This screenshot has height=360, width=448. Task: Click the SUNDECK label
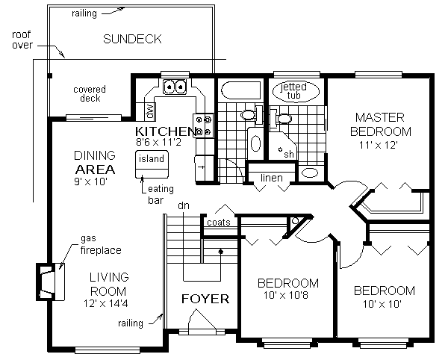click(x=132, y=39)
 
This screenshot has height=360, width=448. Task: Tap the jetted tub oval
click(x=296, y=91)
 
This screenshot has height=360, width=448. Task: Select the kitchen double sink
click(x=175, y=87)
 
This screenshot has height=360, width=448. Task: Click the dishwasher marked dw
click(x=149, y=111)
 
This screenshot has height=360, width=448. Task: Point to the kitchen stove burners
click(x=203, y=125)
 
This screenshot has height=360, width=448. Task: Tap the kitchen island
click(x=152, y=164)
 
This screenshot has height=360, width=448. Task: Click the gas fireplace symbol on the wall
click(x=50, y=282)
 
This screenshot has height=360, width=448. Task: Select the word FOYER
click(x=205, y=299)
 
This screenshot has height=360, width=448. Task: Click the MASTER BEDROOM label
click(x=381, y=125)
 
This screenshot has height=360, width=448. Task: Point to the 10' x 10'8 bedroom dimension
click(x=286, y=295)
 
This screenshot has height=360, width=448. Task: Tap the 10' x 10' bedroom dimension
click(x=382, y=304)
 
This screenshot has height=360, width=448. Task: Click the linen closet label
click(x=272, y=178)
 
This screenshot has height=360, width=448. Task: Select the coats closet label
click(x=219, y=223)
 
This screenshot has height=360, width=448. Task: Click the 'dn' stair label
click(x=184, y=205)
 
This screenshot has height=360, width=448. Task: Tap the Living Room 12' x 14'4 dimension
click(x=106, y=303)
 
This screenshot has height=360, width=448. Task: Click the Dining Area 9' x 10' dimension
click(x=90, y=181)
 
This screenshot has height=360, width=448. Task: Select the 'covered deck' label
click(x=90, y=93)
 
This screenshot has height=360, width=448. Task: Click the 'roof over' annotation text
click(x=22, y=40)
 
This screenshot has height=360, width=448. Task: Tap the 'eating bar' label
click(x=161, y=194)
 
